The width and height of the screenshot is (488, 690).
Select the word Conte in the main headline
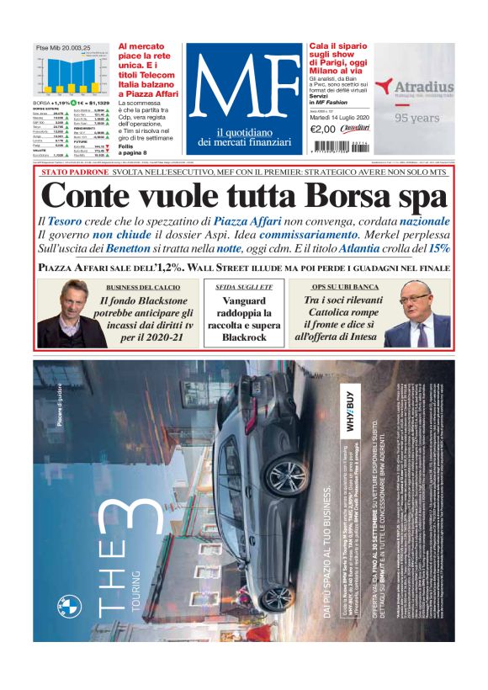[88, 196]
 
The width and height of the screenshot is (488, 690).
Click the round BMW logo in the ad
[70, 606]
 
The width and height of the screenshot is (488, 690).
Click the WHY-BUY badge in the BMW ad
[353, 409]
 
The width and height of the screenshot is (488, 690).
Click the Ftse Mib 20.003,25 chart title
[63, 49]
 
